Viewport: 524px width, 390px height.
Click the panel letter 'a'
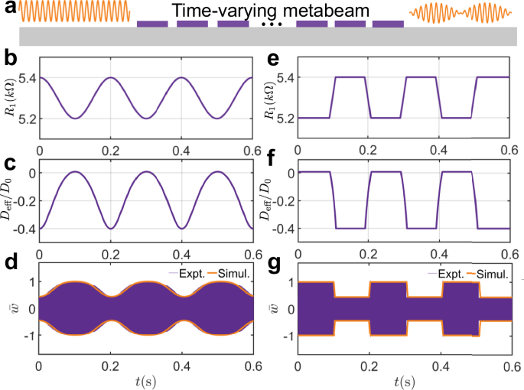(x=8, y=9)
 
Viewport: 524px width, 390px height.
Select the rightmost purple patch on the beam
(x=387, y=24)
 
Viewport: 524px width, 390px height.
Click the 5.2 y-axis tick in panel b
(x=23, y=119)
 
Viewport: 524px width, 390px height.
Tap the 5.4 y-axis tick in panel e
(x=285, y=77)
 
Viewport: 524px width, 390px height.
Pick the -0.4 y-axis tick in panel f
(x=282, y=229)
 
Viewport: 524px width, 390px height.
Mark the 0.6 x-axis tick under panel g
(x=508, y=365)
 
